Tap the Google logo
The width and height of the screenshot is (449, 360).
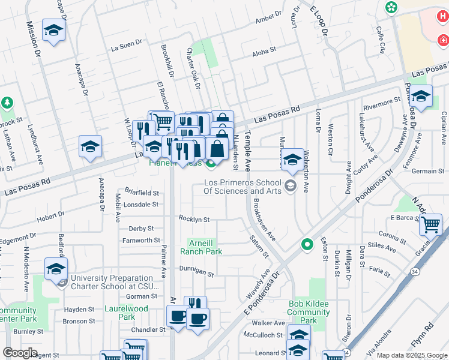pyautogui.click(x=20, y=353)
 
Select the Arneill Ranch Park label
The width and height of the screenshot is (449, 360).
pyautogui.click(x=205, y=247)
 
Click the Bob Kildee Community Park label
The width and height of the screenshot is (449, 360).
pyautogui.click(x=309, y=312)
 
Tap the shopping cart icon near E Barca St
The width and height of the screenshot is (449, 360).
pyautogui.click(x=430, y=225)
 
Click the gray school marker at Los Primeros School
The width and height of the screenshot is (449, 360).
pyautogui.click(x=291, y=185)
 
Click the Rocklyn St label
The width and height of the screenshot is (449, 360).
pyautogui.click(x=194, y=219)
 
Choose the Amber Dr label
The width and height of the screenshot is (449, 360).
pyautogui.click(x=268, y=19)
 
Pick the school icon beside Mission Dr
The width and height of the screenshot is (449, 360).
pyautogui.click(x=54, y=31)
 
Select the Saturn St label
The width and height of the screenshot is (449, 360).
pyautogui.click(x=259, y=247)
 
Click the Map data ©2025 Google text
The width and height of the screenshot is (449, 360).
pyautogui.click(x=411, y=355)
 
